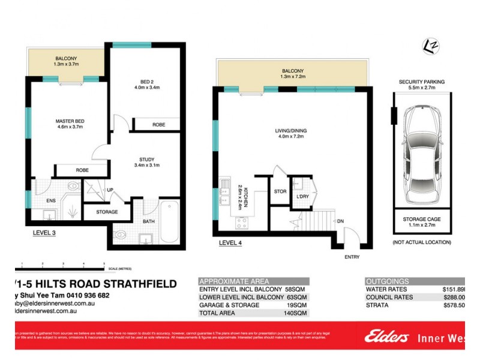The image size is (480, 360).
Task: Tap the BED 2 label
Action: click(x=146, y=84)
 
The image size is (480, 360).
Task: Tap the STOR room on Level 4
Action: click(x=279, y=193)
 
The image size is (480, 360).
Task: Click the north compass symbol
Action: click(x=429, y=45)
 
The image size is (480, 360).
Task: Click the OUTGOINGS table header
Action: click(x=388, y=281)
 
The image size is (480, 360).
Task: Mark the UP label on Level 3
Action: click(x=110, y=190)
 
